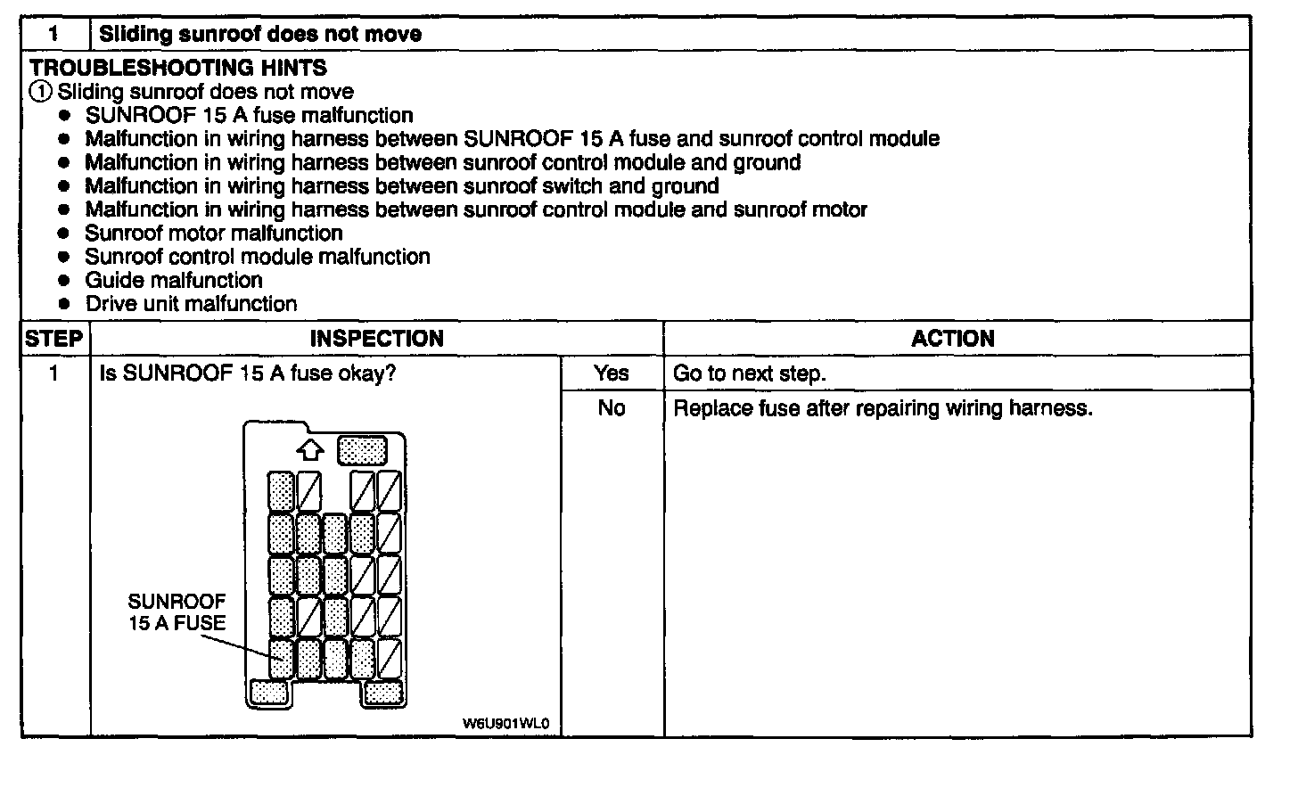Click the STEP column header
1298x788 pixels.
click(54, 339)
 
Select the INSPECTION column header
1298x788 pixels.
click(376, 339)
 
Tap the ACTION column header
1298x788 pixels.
click(952, 339)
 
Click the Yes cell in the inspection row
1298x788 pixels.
click(612, 373)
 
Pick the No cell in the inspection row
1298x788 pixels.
click(612, 408)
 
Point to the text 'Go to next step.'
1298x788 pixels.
click(749, 373)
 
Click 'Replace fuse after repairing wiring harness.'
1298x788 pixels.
click(883, 408)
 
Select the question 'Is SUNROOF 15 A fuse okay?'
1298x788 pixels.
click(247, 373)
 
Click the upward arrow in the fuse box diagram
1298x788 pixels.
click(309, 451)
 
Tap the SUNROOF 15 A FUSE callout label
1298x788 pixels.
click(177, 612)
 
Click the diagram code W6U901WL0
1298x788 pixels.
click(505, 723)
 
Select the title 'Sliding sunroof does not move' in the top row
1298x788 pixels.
click(260, 34)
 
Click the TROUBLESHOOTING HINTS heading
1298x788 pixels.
click(178, 68)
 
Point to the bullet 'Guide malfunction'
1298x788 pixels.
click(174, 280)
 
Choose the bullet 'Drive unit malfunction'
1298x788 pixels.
click(191, 304)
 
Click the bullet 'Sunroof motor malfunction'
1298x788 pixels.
click(214, 234)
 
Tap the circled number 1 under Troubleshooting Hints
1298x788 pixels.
click(40, 92)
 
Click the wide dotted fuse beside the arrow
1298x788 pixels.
click(362, 450)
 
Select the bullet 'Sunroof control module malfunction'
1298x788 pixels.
click(258, 257)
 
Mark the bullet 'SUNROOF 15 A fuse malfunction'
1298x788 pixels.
click(249, 116)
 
